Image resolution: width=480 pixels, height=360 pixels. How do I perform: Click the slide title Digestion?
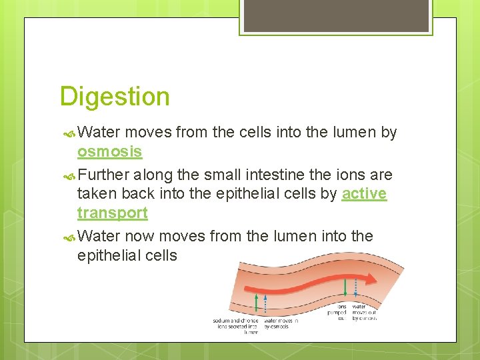(x=115, y=97)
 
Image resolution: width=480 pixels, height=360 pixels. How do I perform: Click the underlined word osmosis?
(x=109, y=151)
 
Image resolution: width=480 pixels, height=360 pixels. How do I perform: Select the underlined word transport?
(x=112, y=213)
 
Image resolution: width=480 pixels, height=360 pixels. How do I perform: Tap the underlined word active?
(x=364, y=194)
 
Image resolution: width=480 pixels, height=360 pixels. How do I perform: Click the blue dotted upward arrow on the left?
(x=266, y=302)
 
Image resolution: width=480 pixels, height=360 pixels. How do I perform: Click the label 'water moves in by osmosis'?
(x=281, y=323)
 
